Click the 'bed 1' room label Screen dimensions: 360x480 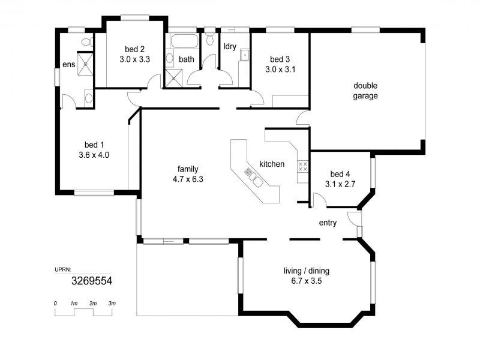(x=94, y=145)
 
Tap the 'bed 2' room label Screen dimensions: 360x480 (x=134, y=49)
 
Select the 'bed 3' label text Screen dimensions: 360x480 (x=280, y=59)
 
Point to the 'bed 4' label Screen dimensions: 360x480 (x=340, y=174)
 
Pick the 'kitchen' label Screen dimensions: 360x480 (x=272, y=164)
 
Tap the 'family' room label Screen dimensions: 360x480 (x=188, y=169)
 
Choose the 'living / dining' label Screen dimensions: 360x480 (x=306, y=271)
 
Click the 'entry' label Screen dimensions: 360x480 (x=328, y=223)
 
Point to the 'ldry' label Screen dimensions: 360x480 (x=229, y=46)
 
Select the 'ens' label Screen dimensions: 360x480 (x=68, y=65)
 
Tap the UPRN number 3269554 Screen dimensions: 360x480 (x=92, y=280)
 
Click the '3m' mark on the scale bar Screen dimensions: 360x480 (x=112, y=304)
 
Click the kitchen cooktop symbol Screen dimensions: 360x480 (x=303, y=166)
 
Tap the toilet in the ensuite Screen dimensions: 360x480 (x=86, y=42)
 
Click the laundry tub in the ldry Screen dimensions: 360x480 (x=245, y=56)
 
